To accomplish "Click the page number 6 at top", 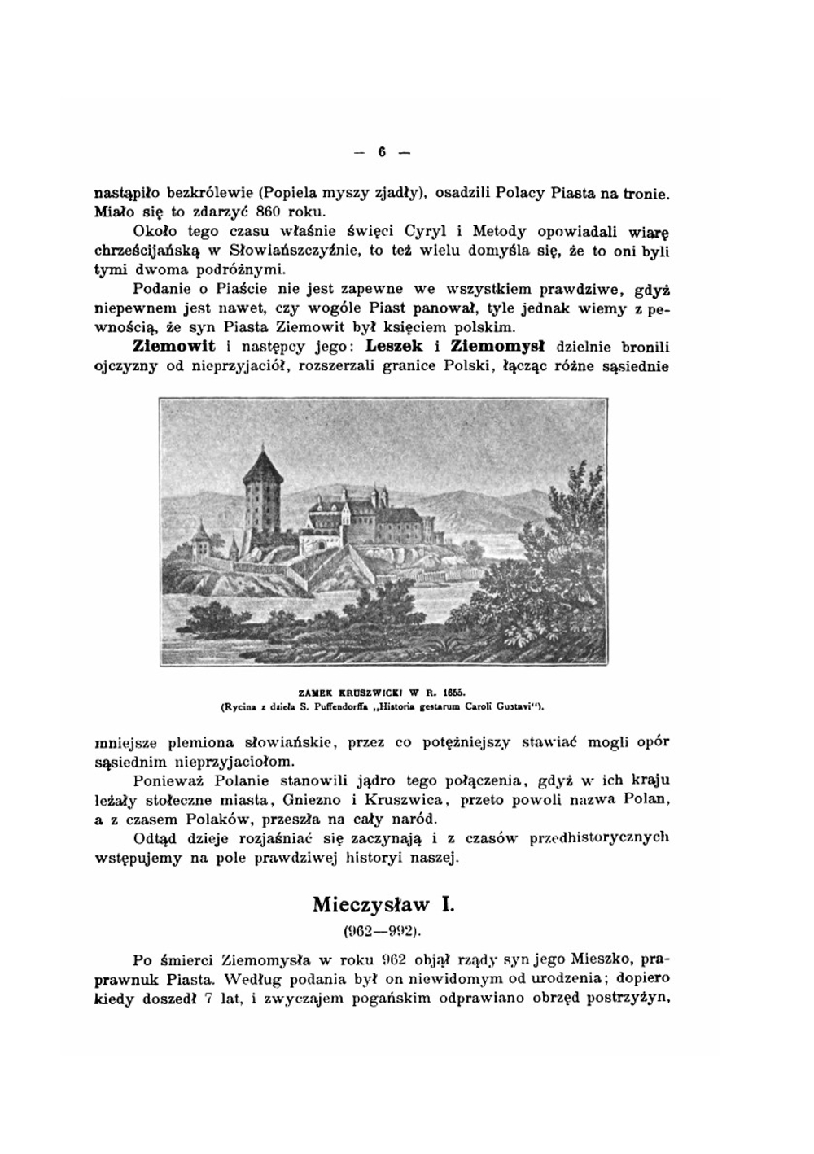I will pyautogui.click(x=380, y=151).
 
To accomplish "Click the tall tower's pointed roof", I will pyautogui.click(x=262, y=466).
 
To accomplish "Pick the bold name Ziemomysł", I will pyautogui.click(x=498, y=347).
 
